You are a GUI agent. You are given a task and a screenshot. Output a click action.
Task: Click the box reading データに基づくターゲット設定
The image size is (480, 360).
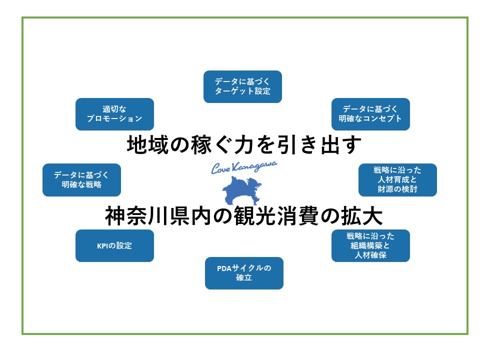click(242, 86)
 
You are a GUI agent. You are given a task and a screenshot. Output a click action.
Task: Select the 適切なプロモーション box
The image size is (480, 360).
click(114, 114)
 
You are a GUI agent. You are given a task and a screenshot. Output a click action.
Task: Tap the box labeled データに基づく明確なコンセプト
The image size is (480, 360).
click(370, 114)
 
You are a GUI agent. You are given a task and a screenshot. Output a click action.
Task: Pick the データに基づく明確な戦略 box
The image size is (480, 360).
click(81, 180)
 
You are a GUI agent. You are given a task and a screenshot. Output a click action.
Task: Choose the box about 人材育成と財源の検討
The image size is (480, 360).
click(397, 180)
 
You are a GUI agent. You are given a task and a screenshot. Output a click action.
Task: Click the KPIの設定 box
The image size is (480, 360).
click(114, 245)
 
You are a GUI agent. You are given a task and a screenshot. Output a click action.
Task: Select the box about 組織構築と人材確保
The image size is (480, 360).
click(370, 245)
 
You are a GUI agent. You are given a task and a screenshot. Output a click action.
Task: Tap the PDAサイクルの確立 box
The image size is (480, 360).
click(244, 273)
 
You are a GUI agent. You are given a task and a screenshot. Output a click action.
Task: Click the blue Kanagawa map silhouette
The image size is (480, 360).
click(241, 190)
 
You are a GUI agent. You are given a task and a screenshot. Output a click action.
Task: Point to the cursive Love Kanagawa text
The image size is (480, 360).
click(244, 167)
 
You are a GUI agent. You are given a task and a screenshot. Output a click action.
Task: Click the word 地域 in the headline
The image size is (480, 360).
click(147, 145)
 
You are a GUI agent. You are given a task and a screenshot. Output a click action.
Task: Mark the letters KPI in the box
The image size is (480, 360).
click(102, 246)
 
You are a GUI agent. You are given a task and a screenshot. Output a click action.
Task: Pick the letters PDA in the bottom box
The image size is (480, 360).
click(224, 268)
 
